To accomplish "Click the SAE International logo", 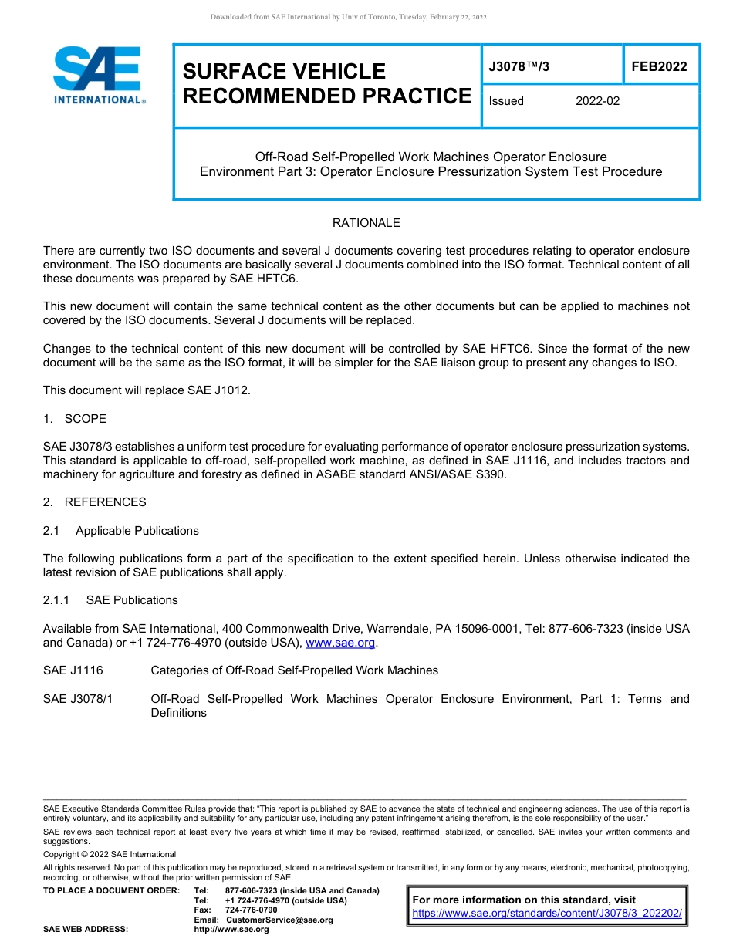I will pyautogui.click(x=99, y=75).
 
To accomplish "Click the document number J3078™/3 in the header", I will pyautogui.click(x=519, y=67).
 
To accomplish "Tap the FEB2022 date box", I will pyautogui.click(x=659, y=67).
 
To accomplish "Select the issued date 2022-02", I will pyautogui.click(x=597, y=101).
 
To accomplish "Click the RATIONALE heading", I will pyautogui.click(x=366, y=223).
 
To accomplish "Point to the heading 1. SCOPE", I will pyautogui.click(x=75, y=419).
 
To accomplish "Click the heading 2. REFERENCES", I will pyautogui.click(x=94, y=502).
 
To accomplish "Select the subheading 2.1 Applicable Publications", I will pyautogui.click(x=121, y=531).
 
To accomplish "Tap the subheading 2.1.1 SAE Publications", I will pyautogui.click(x=110, y=600).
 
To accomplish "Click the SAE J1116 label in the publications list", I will pyautogui.click(x=73, y=670).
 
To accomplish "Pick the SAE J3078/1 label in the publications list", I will pyautogui.click(x=78, y=699).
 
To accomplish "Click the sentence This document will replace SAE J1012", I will pyautogui.click(x=147, y=390).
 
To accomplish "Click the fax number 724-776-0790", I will pyautogui.click(x=251, y=910).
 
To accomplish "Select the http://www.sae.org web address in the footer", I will pyautogui.click(x=231, y=929).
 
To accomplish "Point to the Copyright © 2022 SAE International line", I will pyautogui.click(x=110, y=854).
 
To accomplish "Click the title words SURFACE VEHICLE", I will pyautogui.click(x=284, y=72).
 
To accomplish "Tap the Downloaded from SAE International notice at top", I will pyautogui.click(x=348, y=17).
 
